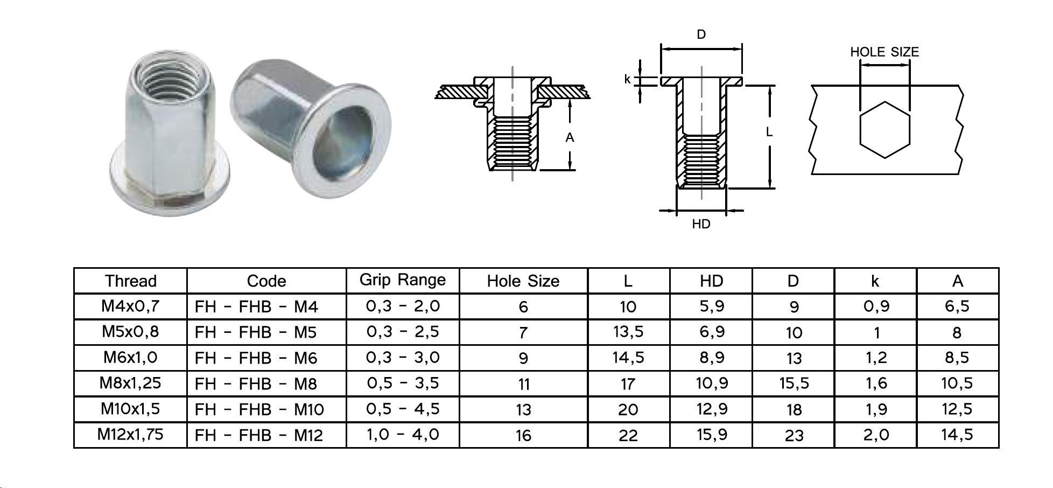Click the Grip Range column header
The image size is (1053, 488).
(x=403, y=281)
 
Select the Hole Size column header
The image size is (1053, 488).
(x=523, y=281)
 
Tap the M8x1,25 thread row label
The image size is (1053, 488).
(x=130, y=383)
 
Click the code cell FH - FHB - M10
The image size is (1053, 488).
(x=259, y=409)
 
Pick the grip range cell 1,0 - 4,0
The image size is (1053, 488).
(x=403, y=435)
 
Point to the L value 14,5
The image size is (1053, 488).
(x=628, y=358)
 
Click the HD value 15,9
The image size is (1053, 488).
(x=712, y=435)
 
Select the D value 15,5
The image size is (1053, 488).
(x=794, y=384)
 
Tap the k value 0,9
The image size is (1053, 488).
(x=876, y=306)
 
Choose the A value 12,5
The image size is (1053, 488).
(x=957, y=409)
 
